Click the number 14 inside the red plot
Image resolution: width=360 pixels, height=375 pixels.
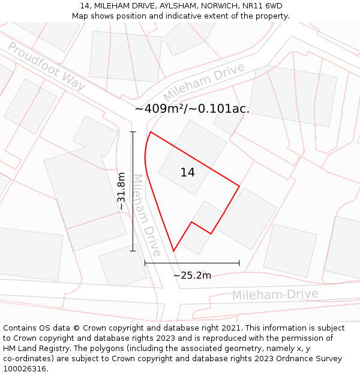coord(187,173)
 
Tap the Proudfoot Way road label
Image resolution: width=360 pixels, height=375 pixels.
coord(46,67)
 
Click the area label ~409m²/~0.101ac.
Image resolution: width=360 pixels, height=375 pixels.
coord(192,109)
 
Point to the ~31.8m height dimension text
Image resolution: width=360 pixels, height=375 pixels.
coord(122,191)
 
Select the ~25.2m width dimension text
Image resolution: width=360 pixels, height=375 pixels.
coord(192,275)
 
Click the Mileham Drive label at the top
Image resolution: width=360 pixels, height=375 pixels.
coord(204,82)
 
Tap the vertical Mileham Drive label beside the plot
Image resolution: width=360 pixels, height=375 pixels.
coord(146,215)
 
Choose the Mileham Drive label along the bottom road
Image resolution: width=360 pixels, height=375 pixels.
coord(275,295)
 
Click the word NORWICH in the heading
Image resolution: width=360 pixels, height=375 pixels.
coord(220,6)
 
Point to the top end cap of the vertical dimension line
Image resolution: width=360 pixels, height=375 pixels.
coord(133,132)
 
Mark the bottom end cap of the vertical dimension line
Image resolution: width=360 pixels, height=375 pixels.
coord(133,251)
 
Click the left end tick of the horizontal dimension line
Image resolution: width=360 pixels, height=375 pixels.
coord(145,263)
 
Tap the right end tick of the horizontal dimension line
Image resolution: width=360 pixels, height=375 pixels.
coord(239,263)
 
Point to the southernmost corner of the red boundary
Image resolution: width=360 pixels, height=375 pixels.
coord(173,251)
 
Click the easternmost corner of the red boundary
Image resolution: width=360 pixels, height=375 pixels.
coord(239,186)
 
